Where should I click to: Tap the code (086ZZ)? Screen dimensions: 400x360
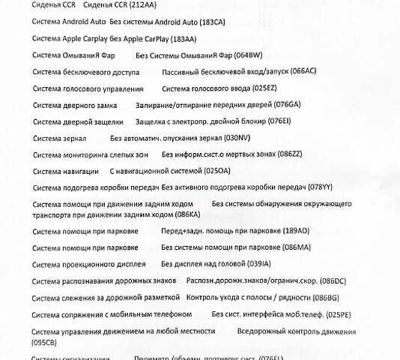point(287,155)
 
